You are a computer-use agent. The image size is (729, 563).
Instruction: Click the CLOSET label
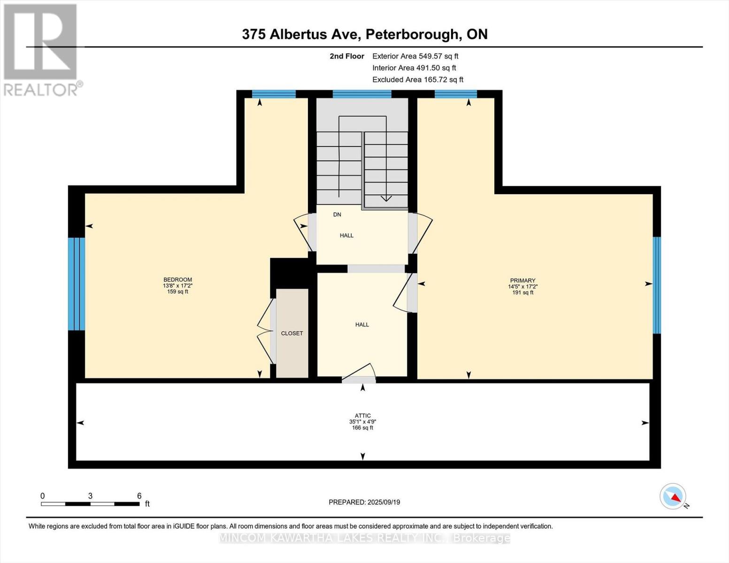tap(292, 333)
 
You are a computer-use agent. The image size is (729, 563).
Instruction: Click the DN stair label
tap(337, 214)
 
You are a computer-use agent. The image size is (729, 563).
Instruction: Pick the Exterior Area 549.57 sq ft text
tap(415, 56)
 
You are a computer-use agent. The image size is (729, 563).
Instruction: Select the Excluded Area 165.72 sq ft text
tap(418, 80)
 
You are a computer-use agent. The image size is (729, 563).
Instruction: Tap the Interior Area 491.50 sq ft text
tap(414, 68)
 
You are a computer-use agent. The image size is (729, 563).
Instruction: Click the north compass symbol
tap(673, 496)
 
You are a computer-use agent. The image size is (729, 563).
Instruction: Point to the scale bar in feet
tap(90, 504)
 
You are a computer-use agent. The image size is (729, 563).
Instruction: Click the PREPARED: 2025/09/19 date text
tap(364, 502)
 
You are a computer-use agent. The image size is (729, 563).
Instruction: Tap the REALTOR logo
tap(41, 49)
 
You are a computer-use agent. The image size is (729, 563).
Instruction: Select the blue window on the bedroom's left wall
tap(77, 284)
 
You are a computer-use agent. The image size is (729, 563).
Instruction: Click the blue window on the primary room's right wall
tap(657, 285)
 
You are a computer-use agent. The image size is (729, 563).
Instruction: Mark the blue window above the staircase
tap(362, 94)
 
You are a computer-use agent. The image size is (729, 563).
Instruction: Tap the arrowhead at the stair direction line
tap(386, 198)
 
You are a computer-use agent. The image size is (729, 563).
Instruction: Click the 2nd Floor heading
tap(347, 56)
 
